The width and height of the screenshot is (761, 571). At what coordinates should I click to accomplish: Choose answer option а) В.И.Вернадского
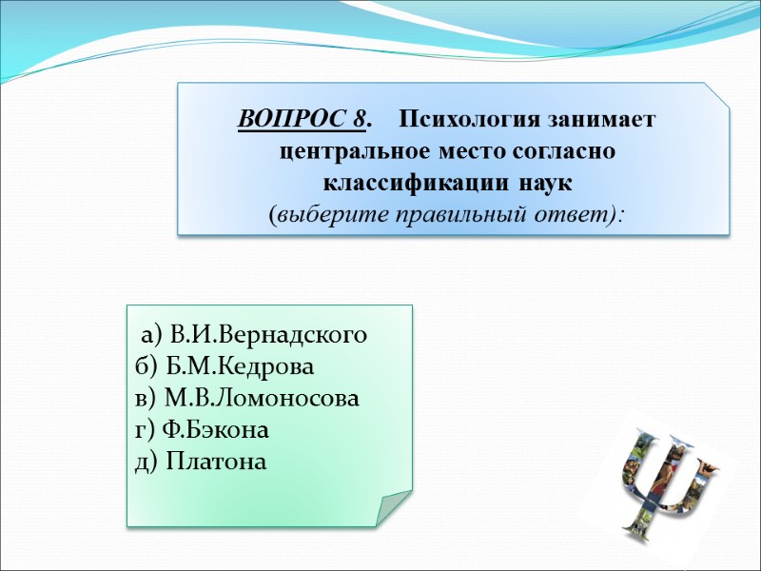(x=254, y=335)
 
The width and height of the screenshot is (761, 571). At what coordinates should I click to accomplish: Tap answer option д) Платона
(x=202, y=462)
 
